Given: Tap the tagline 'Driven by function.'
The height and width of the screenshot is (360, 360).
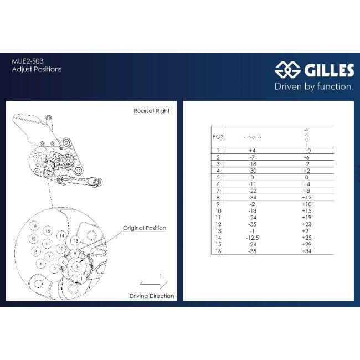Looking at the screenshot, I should [x=314, y=86].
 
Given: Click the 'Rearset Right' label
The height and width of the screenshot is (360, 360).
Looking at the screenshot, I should [x=151, y=111].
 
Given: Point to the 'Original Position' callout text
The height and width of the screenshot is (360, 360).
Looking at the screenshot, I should [x=145, y=228].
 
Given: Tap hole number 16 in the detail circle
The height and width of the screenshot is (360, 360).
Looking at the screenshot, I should [x=34, y=226].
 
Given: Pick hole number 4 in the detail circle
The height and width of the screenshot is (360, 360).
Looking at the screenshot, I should [x=40, y=264].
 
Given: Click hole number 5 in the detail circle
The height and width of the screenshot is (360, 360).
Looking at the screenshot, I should [x=76, y=266].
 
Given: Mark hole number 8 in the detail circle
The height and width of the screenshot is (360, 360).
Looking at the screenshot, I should [x=35, y=251].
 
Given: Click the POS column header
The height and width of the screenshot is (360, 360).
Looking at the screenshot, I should [x=218, y=136].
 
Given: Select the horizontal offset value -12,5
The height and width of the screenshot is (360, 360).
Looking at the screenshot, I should [x=252, y=237].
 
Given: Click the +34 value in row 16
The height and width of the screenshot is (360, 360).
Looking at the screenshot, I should [x=306, y=251].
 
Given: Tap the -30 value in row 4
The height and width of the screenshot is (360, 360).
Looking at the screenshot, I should [x=252, y=172].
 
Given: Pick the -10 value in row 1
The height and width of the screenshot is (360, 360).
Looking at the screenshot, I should [x=306, y=150].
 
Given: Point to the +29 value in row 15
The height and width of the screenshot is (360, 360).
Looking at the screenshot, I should [x=306, y=244].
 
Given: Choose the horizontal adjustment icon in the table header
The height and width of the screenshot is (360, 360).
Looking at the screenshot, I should [x=252, y=137].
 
